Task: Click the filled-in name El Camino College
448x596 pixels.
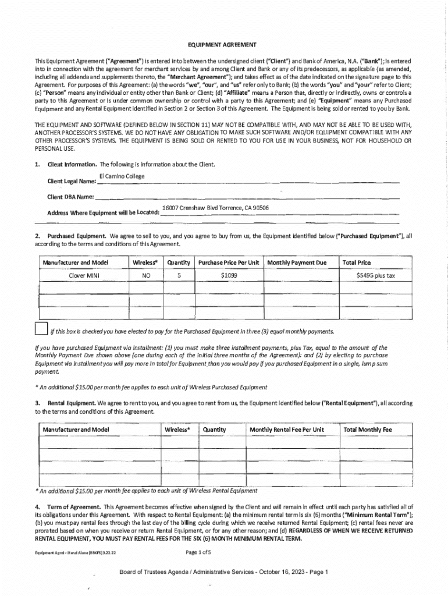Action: tap(122, 176)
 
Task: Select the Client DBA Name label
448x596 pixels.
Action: tap(70, 197)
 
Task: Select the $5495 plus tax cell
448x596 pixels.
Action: tap(375, 275)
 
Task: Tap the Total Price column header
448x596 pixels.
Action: tap(357, 262)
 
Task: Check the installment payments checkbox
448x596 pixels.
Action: tap(41, 329)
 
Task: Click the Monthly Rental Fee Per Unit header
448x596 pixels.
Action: tap(286, 430)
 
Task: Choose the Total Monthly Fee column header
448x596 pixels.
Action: tap(368, 430)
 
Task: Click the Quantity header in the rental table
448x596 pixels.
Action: tap(214, 430)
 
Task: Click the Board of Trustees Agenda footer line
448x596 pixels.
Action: tap(224, 572)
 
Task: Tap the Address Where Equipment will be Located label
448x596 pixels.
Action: tap(103, 212)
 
